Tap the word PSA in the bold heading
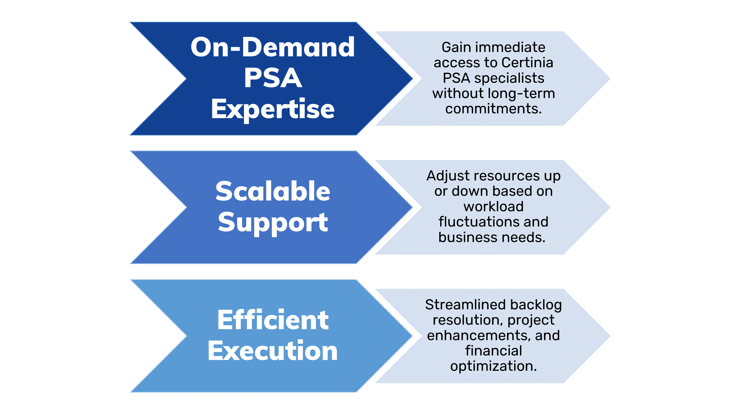coord(273,78)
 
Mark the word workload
coord(494,207)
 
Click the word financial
coord(494,351)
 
